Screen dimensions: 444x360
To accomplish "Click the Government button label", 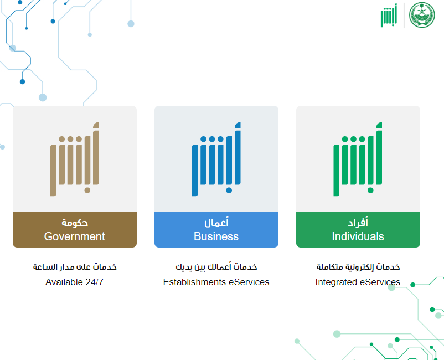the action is (75, 236).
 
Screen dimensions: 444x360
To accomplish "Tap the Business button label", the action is (216, 236).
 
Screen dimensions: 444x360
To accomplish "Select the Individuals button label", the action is (358, 236).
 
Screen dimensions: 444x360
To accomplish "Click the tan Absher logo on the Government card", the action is (75, 159).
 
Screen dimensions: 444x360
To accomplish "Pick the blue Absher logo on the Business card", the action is (216, 159).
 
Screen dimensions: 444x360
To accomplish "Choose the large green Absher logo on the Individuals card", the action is (358, 159).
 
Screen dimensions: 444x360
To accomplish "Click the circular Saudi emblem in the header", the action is (422, 15).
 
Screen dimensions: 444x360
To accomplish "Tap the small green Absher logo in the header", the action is (389, 16).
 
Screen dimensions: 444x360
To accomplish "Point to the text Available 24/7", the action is (75, 282).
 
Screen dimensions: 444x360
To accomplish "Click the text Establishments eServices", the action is (216, 282).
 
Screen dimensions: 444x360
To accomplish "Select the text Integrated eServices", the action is (358, 282).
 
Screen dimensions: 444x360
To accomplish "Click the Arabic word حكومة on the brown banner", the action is (75, 223).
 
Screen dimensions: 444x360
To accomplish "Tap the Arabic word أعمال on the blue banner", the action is (216, 222).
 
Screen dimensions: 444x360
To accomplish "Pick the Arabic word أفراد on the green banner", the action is (358, 222).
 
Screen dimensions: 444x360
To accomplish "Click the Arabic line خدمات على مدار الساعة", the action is (75, 267).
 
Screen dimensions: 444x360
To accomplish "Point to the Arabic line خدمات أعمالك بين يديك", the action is (216, 267).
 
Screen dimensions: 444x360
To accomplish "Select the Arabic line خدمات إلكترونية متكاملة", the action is (358, 267).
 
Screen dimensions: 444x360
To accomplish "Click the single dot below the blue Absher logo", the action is (229, 191).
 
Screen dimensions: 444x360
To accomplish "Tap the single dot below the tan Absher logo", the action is (87, 191).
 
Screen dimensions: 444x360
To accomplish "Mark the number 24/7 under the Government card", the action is (95, 282).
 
